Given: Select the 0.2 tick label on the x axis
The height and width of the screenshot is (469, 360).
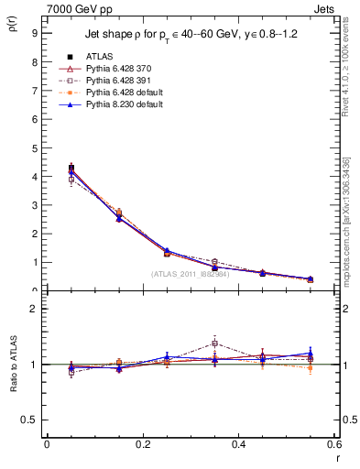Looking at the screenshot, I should click(x=143, y=444).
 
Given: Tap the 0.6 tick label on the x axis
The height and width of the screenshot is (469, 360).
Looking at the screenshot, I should click(x=334, y=444).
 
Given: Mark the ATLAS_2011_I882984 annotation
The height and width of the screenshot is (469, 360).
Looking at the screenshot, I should click(x=191, y=274).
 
